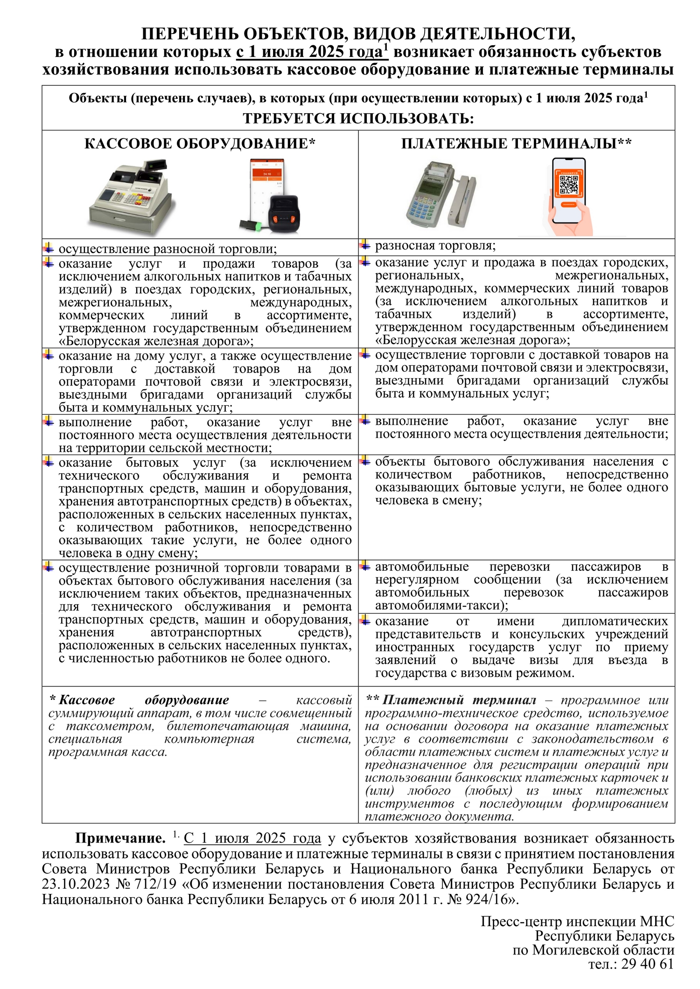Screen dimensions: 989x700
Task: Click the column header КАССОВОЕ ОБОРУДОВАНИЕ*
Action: click(200, 143)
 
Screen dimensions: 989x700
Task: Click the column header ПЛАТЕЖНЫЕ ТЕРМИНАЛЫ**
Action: click(516, 143)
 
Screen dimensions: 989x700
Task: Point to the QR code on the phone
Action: click(568, 185)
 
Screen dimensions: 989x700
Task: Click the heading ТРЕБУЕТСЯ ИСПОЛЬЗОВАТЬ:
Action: click(358, 118)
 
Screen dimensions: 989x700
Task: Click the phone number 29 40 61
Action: click(647, 964)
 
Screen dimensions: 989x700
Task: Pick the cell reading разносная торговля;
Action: click(435, 246)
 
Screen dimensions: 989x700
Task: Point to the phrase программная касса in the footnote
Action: click(107, 752)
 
